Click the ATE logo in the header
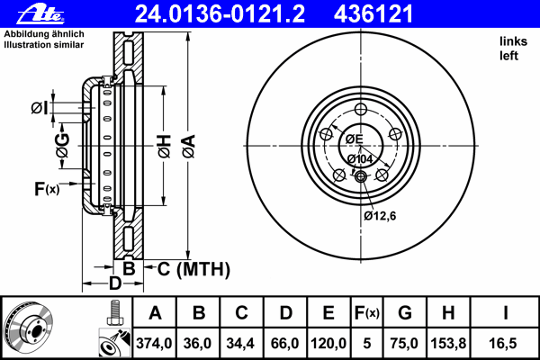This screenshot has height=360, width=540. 40,15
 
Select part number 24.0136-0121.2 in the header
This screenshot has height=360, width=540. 220,14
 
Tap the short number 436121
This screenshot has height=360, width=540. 373,14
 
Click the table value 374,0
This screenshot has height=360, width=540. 154,343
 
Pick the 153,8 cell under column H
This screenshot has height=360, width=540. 448,343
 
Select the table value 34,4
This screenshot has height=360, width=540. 240,343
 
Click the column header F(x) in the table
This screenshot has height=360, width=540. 367,313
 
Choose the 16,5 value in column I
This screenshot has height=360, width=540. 503,343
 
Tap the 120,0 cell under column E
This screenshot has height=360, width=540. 328,343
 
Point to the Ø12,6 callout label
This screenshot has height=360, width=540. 380,216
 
